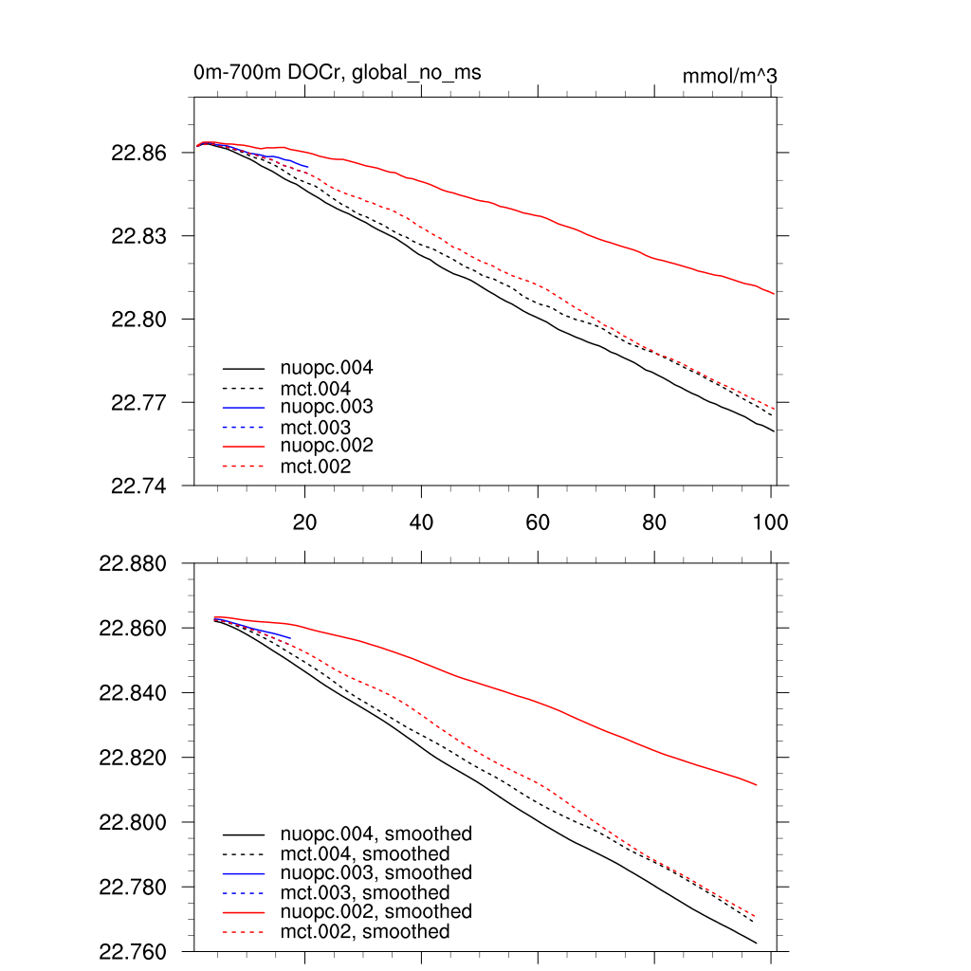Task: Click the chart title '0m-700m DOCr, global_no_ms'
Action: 343,72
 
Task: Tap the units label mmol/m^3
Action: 730,76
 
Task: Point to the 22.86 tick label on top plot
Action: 139,153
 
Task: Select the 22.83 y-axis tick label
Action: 139,236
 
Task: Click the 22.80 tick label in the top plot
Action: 139,320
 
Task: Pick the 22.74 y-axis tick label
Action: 139,485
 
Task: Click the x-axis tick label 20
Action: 304,522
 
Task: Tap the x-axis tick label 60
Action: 538,522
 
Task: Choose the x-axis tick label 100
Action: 770,522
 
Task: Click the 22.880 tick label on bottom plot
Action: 133,564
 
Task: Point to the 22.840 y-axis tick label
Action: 133,693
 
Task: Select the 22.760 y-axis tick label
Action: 133,951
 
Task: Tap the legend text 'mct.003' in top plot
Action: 316,427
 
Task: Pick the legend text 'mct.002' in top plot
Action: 316,467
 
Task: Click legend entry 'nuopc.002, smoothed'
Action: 376,911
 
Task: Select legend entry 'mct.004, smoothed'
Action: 365,853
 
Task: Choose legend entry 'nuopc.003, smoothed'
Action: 376,872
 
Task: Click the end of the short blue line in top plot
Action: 307,167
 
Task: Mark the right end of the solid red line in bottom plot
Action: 756,785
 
